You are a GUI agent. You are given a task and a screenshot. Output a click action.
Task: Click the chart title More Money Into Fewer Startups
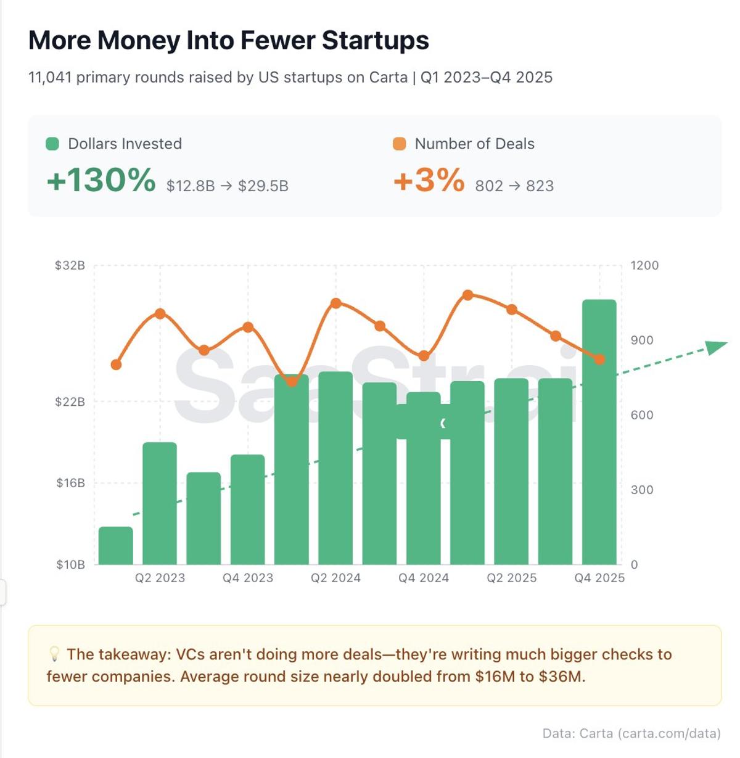[x=229, y=41]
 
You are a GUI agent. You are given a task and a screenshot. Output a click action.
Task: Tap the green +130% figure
[x=101, y=181]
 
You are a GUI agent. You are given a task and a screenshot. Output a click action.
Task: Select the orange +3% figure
[x=429, y=181]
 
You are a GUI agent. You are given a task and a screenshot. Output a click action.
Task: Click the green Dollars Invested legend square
[x=52, y=144]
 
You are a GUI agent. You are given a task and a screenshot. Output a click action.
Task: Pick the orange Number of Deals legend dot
[x=400, y=144]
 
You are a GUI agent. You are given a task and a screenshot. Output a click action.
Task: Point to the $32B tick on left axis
[x=70, y=265]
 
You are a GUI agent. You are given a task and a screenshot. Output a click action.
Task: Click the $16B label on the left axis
[x=70, y=483]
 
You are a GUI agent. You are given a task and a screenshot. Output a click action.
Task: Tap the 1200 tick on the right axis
[x=644, y=265]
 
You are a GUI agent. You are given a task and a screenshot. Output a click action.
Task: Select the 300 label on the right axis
[x=641, y=490]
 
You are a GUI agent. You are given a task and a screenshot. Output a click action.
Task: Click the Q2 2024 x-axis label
[x=335, y=578]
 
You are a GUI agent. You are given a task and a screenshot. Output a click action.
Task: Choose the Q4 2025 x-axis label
[x=599, y=578]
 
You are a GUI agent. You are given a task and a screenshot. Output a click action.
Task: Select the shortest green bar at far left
[x=116, y=546]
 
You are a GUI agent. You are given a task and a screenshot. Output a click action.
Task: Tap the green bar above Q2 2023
[x=160, y=503]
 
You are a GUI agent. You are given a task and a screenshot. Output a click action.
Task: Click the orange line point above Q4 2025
[x=599, y=359]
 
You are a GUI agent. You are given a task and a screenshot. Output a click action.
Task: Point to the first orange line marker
[x=116, y=365]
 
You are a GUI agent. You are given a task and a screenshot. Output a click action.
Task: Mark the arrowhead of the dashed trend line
[x=717, y=347]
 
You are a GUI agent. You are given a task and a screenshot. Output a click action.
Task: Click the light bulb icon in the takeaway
[x=54, y=654]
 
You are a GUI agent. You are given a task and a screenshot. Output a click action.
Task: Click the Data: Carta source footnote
[x=631, y=733]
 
